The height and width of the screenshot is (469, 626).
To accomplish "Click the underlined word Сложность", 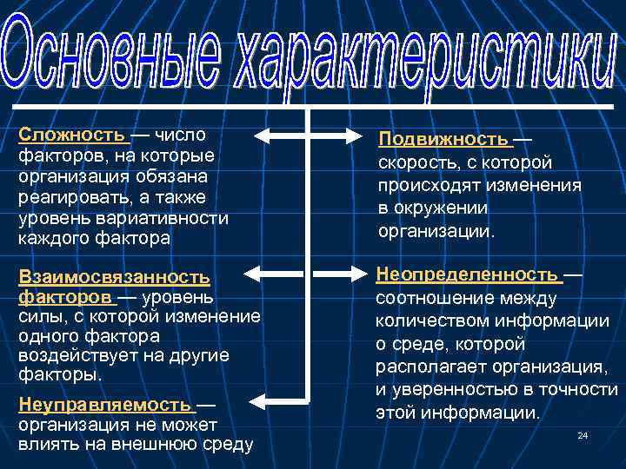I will (72, 135).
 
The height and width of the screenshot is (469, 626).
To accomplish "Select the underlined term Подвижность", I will (443, 140).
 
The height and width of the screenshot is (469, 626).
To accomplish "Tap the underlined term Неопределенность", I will (467, 275).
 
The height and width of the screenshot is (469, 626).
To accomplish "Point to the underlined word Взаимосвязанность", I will (114, 277).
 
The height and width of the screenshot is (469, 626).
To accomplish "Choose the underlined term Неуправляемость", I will (104, 406).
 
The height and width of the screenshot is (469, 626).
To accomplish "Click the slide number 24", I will (583, 434).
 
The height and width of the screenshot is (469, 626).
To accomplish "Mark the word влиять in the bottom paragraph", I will (44, 446).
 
